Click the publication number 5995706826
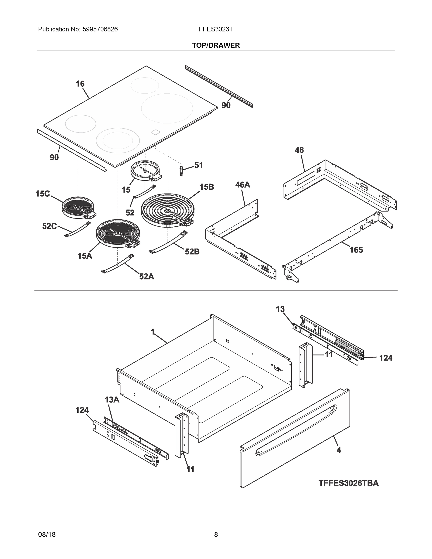coord(100,29)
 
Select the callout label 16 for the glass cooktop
coord(80,84)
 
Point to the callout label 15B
coord(207,187)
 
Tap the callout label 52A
coord(147,276)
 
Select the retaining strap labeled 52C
coord(77,229)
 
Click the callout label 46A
coord(242,184)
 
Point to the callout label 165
coord(356,250)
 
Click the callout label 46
coord(299,150)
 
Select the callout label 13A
coord(112,400)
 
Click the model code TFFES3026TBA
coord(348,483)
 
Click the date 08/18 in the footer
coord(47,535)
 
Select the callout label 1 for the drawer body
coord(153,332)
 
